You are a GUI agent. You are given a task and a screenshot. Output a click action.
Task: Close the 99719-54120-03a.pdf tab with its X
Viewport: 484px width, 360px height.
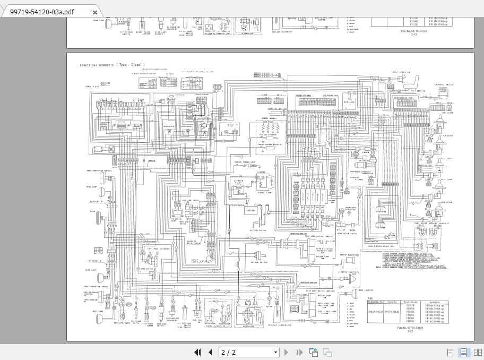94,12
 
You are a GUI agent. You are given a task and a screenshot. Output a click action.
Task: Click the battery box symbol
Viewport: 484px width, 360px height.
251,210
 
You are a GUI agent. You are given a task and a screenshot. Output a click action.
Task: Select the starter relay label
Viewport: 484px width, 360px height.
242,182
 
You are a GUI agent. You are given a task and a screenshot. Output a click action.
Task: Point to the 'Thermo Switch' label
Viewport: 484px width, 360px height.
260,262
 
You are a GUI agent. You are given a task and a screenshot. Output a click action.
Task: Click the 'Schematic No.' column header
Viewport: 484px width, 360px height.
375,302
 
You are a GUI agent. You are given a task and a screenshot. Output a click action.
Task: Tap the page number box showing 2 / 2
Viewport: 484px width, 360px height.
249,352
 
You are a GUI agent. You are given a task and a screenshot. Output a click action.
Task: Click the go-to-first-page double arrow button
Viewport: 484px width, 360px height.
198,352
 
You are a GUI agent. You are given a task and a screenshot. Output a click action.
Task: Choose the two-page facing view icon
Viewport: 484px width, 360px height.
476,352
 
